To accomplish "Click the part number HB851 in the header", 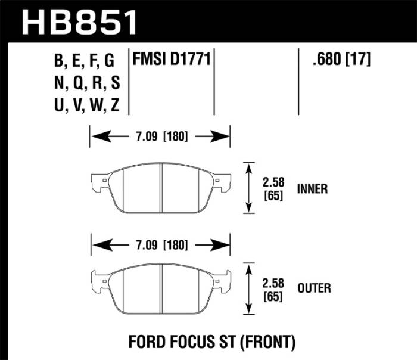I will (x=80, y=21).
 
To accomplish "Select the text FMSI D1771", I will (x=172, y=60).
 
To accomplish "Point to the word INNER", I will (x=312, y=189).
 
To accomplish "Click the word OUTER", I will (x=314, y=288).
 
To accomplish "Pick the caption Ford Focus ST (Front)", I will (x=212, y=342).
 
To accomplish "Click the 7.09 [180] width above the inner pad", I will (x=159, y=136).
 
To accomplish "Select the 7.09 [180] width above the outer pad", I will (x=159, y=244).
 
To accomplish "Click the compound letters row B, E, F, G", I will (x=83, y=60).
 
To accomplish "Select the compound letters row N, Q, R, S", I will (x=83, y=83).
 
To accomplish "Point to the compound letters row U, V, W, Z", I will (x=83, y=106).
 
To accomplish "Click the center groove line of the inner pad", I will (x=162, y=187).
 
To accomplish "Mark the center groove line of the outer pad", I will (x=162, y=287).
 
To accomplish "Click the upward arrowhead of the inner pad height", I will (x=248, y=166).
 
